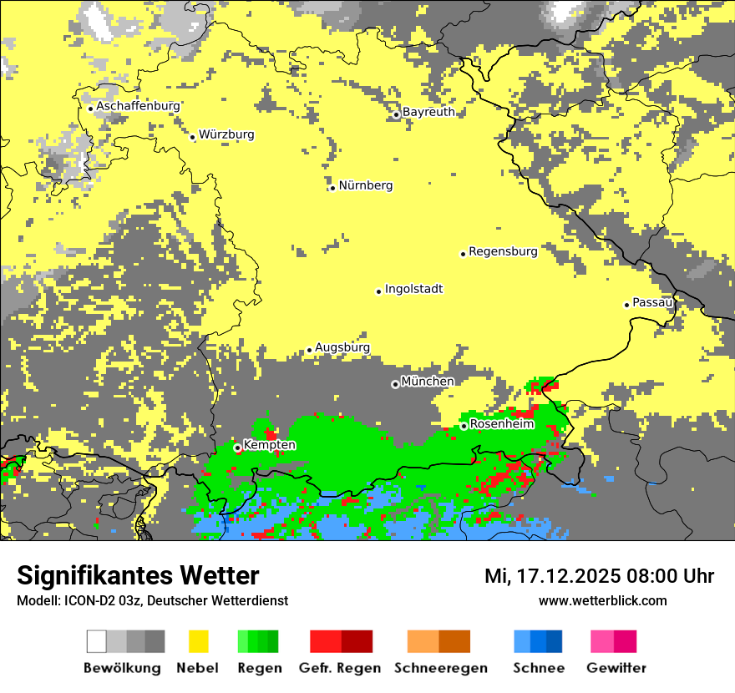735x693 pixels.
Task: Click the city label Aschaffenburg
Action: [138, 106]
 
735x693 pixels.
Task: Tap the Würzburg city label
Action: [226, 134]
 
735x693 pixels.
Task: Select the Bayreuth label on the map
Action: [428, 112]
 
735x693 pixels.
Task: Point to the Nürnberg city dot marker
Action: [332, 188]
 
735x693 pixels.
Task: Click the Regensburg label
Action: [503, 250]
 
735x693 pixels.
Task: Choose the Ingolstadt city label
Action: [413, 289]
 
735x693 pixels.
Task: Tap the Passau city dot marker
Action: [626, 305]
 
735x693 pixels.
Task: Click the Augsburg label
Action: [342, 347]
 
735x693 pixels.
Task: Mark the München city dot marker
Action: [395, 385]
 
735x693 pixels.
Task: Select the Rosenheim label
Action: [501, 424]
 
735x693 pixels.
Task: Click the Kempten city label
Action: [269, 445]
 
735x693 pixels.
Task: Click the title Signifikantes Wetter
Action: [138, 575]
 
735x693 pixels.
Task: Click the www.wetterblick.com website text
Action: [602, 600]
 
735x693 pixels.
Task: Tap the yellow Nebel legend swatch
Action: [198, 641]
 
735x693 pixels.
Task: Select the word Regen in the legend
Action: [259, 668]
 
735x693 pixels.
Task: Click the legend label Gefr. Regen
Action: [340, 668]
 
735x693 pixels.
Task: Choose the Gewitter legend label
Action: [616, 668]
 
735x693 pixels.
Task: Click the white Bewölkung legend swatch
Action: [97, 641]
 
